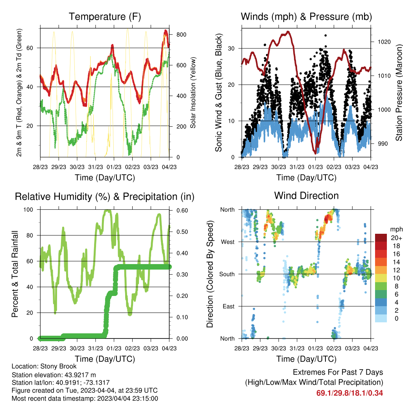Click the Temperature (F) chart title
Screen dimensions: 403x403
(105, 17)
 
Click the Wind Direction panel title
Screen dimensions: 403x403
(306, 196)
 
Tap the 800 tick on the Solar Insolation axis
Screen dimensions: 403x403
(181, 35)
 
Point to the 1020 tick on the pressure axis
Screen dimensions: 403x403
(384, 42)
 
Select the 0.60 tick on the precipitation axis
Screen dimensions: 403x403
(182, 211)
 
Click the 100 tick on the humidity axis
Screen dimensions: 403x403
(28, 210)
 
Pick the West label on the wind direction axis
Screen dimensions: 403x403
(228, 242)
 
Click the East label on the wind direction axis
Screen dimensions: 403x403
(229, 306)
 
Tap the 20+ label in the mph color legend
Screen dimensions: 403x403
(396, 238)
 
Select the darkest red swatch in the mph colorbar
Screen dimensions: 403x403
(381, 238)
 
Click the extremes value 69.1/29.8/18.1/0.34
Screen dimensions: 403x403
(349, 393)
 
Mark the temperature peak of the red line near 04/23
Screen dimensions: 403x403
(166, 31)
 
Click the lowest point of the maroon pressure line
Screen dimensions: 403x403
(316, 153)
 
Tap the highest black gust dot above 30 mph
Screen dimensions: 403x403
(325, 35)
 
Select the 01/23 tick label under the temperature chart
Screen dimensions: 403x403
(114, 167)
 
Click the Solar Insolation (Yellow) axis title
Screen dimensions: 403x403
(193, 92)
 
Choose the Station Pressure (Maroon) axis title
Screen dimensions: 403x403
(399, 92)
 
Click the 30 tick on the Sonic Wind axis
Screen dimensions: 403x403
(231, 48)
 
